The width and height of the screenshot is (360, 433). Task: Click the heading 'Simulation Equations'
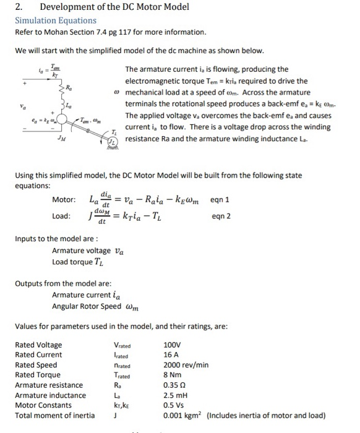56,20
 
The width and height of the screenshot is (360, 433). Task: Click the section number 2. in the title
19,7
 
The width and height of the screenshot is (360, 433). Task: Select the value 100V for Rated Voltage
173,345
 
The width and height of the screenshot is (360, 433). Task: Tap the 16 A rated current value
170,354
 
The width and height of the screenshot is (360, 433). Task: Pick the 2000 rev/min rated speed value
186,365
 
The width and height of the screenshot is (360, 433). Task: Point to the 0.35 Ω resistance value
174,385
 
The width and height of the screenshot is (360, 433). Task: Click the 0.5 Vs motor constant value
173,405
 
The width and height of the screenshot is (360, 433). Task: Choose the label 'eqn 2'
221,216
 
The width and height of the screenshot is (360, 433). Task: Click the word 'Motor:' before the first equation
64,200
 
